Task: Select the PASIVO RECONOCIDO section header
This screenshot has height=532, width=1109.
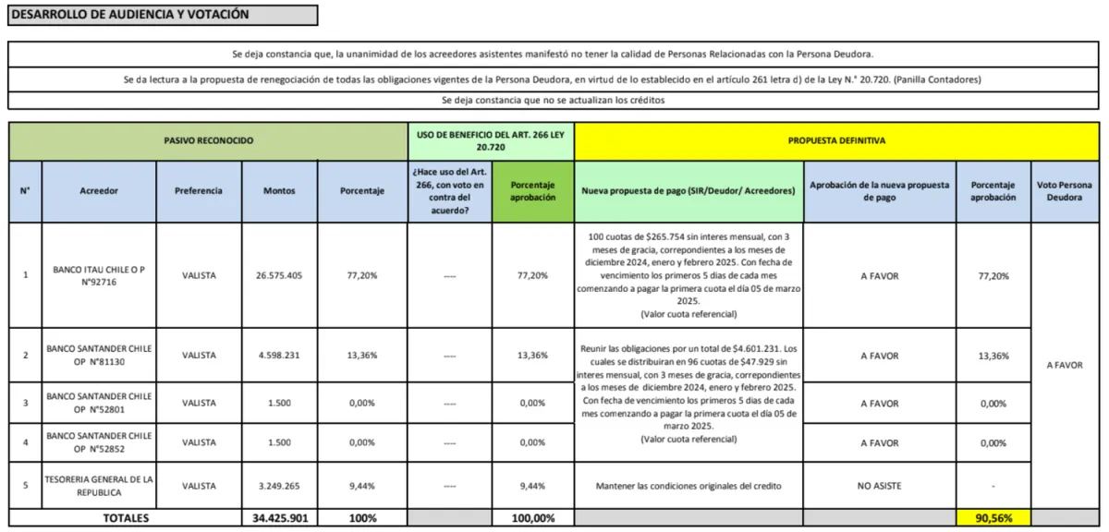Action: pyautogui.click(x=208, y=140)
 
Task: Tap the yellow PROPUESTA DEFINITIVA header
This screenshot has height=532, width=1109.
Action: pyautogui.click(x=836, y=140)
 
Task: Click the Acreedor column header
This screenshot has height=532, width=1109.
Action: pyautogui.click(x=99, y=191)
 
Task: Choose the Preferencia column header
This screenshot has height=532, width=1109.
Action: pyautogui.click(x=199, y=191)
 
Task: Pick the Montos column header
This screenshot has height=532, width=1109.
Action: pyautogui.click(x=279, y=191)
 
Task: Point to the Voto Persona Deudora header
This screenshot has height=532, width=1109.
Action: pyautogui.click(x=1065, y=191)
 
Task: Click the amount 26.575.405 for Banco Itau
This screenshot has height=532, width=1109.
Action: pyautogui.click(x=279, y=275)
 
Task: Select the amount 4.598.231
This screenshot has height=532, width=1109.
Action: pyautogui.click(x=279, y=356)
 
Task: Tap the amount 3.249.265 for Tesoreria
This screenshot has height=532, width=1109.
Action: pyautogui.click(x=279, y=486)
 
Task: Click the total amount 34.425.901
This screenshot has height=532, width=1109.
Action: pyautogui.click(x=279, y=518)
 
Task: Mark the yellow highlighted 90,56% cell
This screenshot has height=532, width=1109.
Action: pyautogui.click(x=994, y=518)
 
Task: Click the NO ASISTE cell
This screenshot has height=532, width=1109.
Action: pyautogui.click(x=880, y=486)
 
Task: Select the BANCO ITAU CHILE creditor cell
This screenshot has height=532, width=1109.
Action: pyautogui.click(x=99, y=275)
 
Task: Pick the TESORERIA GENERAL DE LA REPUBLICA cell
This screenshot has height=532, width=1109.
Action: pyautogui.click(x=99, y=486)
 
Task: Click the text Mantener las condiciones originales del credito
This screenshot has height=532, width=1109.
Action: pyautogui.click(x=689, y=486)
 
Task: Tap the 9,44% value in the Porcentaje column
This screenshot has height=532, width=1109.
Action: pyautogui.click(x=361, y=486)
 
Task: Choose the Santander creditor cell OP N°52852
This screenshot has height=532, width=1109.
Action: pyautogui.click(x=99, y=442)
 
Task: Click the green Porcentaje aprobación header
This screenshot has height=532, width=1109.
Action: pyautogui.click(x=532, y=191)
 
